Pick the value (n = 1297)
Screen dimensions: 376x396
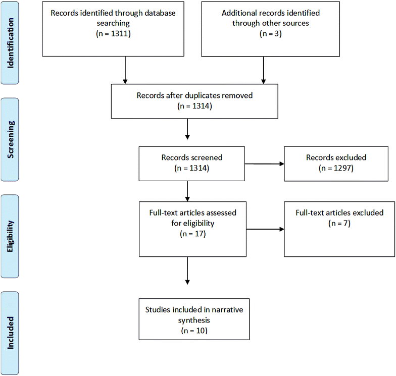pos(339,169)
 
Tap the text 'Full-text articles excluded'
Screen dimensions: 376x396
pos(339,212)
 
